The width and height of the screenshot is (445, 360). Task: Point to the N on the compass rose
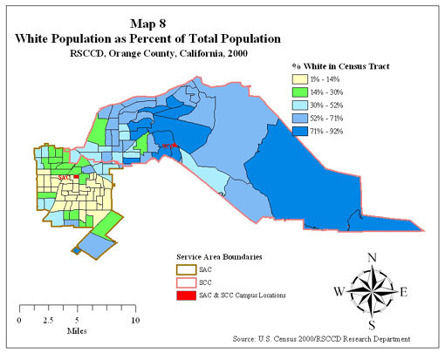coord(372,257)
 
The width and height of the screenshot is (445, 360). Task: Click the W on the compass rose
coord(339,291)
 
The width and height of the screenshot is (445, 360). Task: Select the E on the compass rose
coord(403,292)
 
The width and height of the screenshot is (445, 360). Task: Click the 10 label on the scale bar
coord(135,320)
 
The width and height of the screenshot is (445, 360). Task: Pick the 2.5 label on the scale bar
coord(48,320)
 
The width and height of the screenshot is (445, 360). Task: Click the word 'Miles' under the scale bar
coord(77,331)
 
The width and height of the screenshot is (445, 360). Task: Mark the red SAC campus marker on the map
coord(77,177)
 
